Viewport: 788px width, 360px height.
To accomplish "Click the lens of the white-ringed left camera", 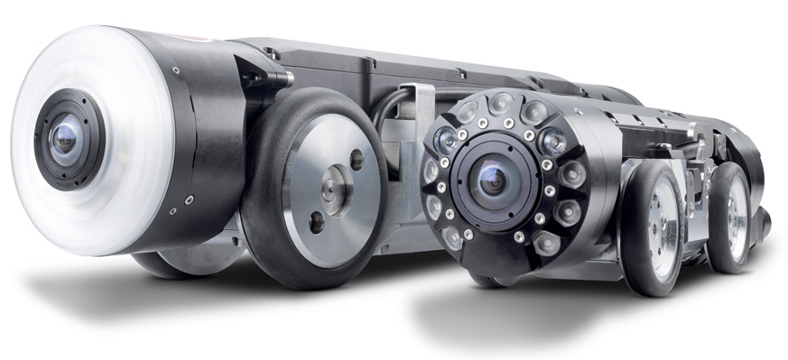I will tap(63, 138).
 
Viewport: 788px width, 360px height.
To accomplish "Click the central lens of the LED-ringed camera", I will tap(491, 180).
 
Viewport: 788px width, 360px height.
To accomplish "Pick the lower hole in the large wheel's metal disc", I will tap(317, 220).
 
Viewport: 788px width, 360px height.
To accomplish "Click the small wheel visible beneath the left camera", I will tap(181, 263).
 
